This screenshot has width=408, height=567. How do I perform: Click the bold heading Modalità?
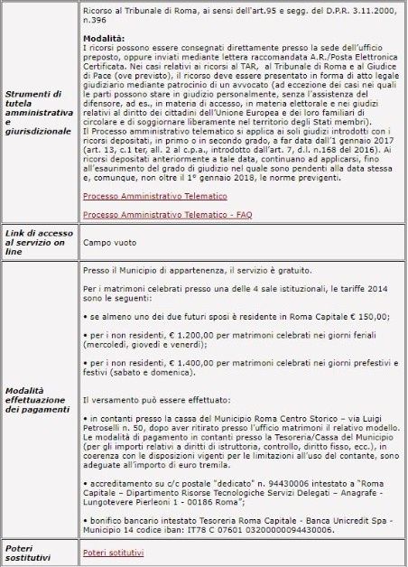(101, 40)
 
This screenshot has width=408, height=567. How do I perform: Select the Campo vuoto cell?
(105, 242)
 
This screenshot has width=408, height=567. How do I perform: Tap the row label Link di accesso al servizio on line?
(37, 242)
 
